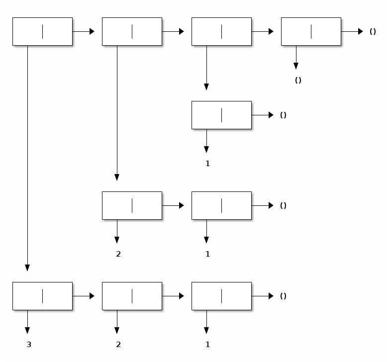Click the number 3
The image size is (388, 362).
(x=29, y=345)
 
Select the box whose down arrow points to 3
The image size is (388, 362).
(x=42, y=296)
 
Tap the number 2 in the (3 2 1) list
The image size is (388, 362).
(x=118, y=345)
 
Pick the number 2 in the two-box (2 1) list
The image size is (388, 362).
(x=118, y=254)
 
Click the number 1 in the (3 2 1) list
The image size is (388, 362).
(x=208, y=345)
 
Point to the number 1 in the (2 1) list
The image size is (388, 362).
(x=208, y=254)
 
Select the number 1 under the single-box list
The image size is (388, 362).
(x=208, y=164)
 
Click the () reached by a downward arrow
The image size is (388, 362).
(x=298, y=81)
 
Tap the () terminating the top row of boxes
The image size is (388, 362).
(x=373, y=32)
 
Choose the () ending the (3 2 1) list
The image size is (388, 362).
(x=283, y=296)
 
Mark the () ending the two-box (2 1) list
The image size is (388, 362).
(x=283, y=206)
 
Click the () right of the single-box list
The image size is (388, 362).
(x=283, y=115)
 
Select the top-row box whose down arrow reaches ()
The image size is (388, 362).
(x=311, y=31)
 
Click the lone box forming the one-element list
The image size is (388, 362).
(x=221, y=115)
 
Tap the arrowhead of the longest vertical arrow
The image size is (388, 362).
(x=27, y=268)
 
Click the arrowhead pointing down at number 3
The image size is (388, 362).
(x=27, y=331)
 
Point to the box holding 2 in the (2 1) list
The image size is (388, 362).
(x=132, y=205)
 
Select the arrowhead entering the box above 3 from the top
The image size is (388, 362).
(x=27, y=268)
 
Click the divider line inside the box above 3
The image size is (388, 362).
(x=42, y=296)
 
